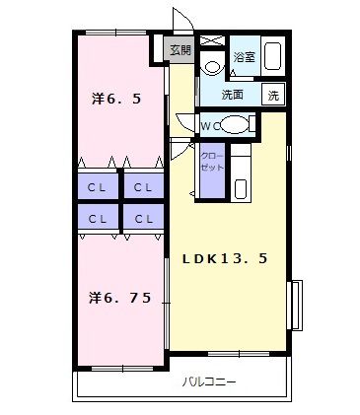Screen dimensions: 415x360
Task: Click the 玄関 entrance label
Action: point(179,50)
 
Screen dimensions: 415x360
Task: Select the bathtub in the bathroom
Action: point(273,55)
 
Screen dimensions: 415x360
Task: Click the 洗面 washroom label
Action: point(233,96)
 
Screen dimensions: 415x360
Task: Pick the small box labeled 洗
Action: point(274,96)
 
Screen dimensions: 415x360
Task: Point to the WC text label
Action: point(209,125)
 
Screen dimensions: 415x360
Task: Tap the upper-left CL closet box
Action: point(97,187)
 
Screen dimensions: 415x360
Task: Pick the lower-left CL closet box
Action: point(97,218)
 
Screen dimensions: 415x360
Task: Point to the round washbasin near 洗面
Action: point(211,67)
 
